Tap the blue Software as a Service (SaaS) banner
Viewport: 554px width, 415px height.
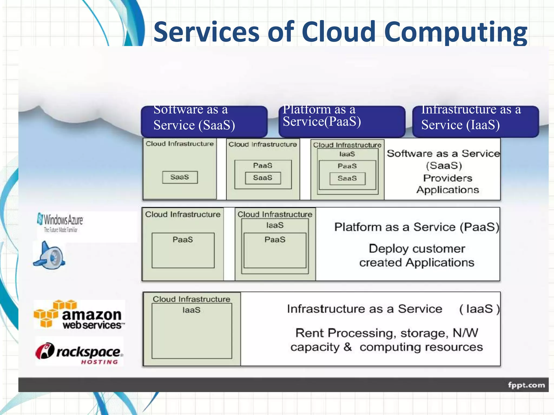click(204, 121)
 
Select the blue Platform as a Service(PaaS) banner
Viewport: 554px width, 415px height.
click(342, 121)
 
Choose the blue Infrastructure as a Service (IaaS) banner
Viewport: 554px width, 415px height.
click(475, 121)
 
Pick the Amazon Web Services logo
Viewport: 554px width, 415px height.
click(79, 315)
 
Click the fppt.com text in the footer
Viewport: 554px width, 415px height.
click(526, 385)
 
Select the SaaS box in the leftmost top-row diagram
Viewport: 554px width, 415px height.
click(180, 177)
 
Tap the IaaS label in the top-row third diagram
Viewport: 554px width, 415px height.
click(347, 154)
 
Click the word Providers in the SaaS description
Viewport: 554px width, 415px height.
click(447, 178)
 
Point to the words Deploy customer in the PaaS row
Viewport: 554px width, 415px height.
click(417, 249)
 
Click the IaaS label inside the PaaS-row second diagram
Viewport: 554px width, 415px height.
click(275, 225)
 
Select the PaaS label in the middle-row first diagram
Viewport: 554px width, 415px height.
click(183, 239)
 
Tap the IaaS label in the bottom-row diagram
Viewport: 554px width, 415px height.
click(191, 310)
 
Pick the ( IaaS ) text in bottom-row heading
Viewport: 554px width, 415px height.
click(479, 309)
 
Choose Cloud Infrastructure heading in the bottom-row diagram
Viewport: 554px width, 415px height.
click(191, 299)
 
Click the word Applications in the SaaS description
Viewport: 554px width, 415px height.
click(447, 190)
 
